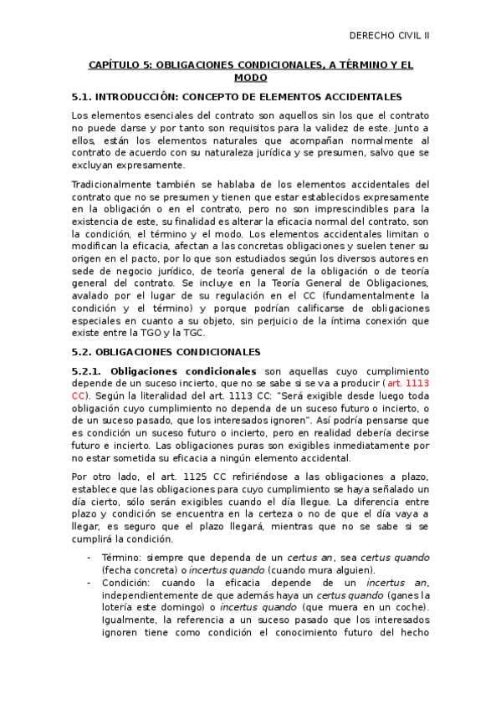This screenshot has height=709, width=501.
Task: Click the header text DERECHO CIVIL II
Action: pyautogui.click(x=388, y=35)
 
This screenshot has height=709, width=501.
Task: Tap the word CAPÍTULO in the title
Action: pyautogui.click(x=116, y=64)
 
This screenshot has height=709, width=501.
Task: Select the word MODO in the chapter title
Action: pyautogui.click(x=251, y=77)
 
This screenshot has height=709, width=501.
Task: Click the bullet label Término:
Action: pyautogui.click(x=122, y=558)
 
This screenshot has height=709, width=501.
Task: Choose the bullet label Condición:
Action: pyautogui.click(x=128, y=583)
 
